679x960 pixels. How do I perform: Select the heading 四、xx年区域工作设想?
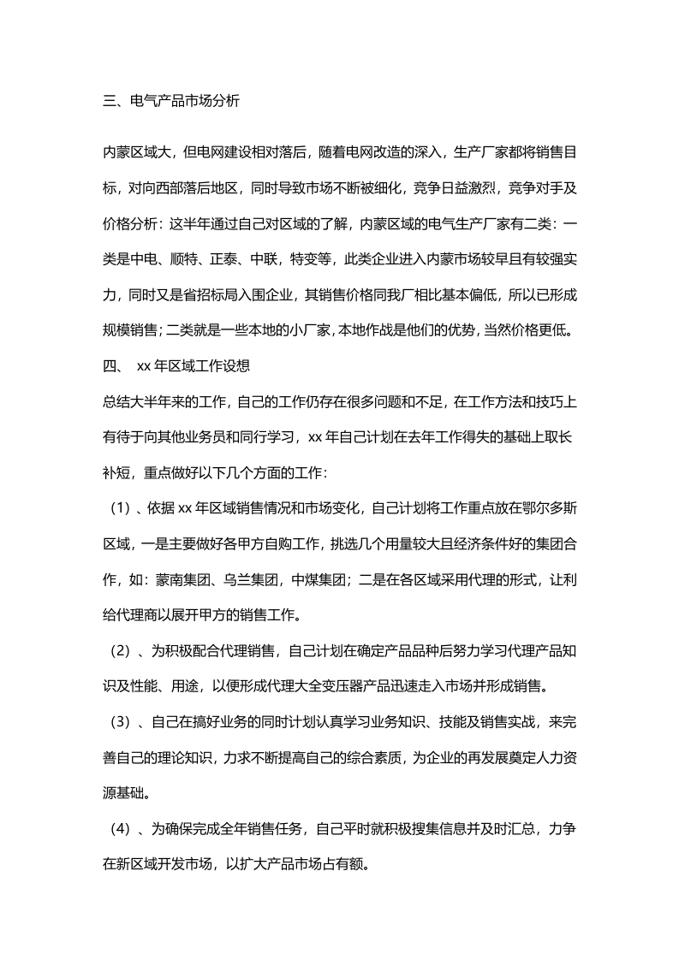176,366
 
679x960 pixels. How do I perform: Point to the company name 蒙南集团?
183,579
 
